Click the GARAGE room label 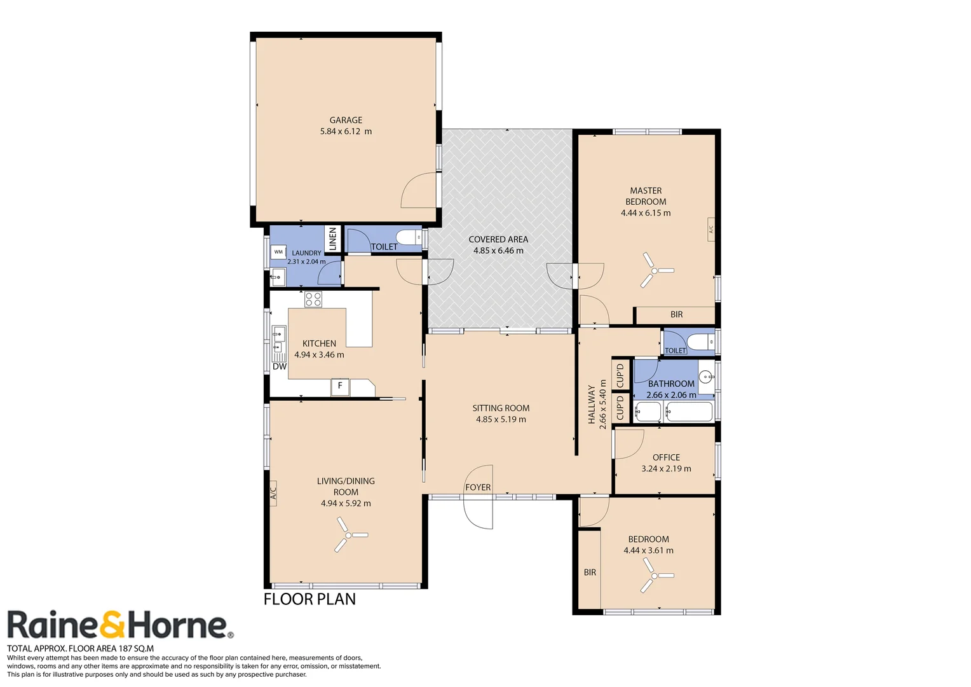click(x=346, y=120)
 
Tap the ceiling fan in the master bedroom click(x=655, y=270)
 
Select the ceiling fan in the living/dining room click(x=349, y=535)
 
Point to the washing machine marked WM click(x=278, y=252)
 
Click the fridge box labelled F click(x=340, y=386)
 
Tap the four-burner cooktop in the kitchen click(x=313, y=299)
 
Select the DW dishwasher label click(x=280, y=366)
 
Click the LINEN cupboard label click(x=332, y=239)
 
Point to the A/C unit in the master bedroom click(x=711, y=228)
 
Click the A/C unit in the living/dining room click(x=273, y=492)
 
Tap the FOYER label click(x=478, y=487)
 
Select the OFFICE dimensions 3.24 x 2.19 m click(x=666, y=469)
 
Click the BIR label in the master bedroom click(x=677, y=315)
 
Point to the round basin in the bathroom click(x=706, y=377)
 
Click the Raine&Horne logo click(x=119, y=625)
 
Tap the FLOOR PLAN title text click(x=309, y=599)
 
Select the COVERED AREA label click(x=498, y=240)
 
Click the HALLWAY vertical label click(x=592, y=404)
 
